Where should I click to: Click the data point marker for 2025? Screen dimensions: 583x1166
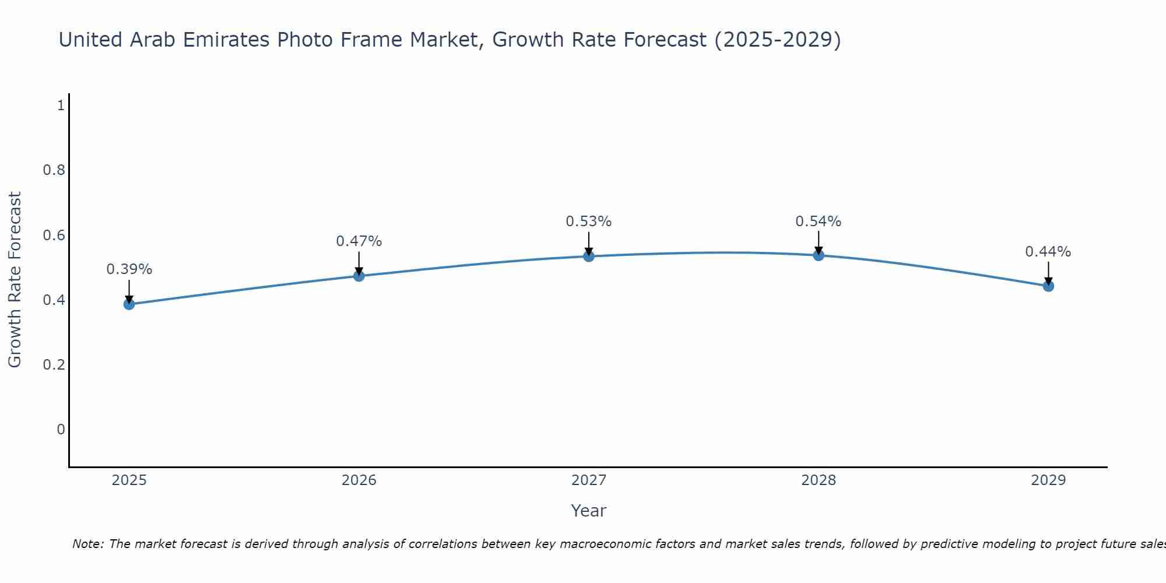[129, 304]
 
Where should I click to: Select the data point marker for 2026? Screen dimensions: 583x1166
[359, 276]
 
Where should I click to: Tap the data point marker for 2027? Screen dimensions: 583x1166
[589, 256]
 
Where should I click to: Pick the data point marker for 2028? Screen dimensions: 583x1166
[819, 255]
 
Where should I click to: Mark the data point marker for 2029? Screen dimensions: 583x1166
[1048, 286]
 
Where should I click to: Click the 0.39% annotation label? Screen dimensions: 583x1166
[129, 269]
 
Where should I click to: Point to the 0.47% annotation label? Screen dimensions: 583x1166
[359, 241]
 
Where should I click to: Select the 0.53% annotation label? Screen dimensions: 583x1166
[589, 222]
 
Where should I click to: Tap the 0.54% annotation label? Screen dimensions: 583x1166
[819, 222]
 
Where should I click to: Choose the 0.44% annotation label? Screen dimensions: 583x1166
[1048, 252]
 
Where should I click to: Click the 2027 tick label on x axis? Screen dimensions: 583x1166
[589, 480]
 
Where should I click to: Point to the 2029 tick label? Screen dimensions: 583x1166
[1048, 480]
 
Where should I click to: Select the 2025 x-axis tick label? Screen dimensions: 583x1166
[129, 480]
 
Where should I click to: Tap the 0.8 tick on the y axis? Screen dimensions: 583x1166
[54, 170]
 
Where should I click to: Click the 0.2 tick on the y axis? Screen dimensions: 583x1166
[54, 365]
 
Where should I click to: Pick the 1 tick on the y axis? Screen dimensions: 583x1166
[60, 106]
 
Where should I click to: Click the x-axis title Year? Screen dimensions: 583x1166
[589, 511]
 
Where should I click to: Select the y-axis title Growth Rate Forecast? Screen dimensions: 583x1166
[15, 280]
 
